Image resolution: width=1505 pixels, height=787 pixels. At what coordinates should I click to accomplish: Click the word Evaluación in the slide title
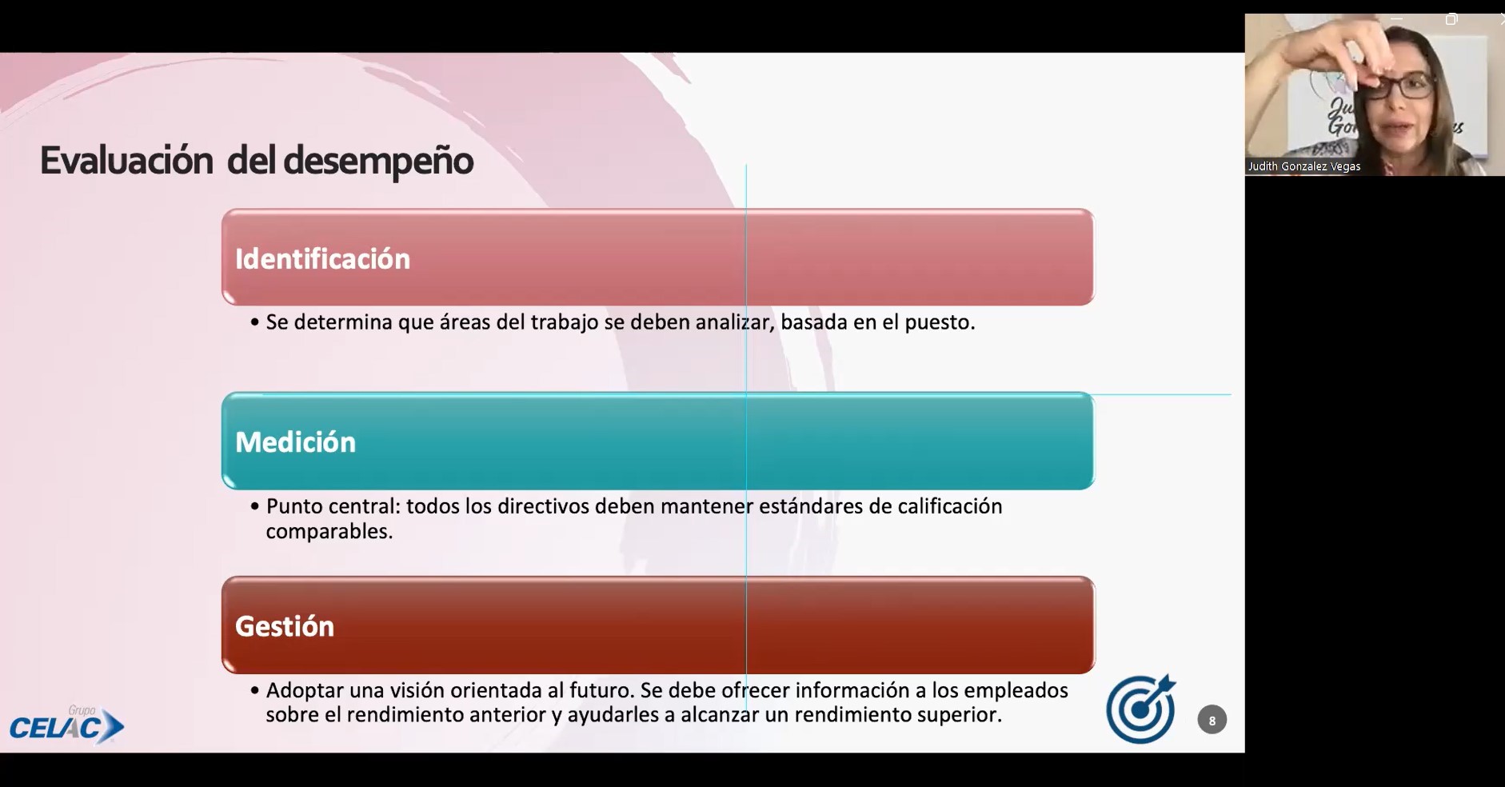click(x=126, y=160)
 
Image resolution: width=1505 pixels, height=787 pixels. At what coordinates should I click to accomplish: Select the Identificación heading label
click(x=322, y=259)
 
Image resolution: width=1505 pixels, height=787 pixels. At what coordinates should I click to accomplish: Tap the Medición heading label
click(x=295, y=442)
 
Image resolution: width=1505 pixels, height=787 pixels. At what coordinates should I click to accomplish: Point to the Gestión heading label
click(x=284, y=626)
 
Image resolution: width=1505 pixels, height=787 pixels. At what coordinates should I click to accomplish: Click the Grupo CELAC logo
click(x=67, y=725)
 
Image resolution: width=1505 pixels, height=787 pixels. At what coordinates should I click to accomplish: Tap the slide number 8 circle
click(x=1212, y=721)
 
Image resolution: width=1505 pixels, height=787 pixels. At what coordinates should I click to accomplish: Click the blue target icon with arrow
click(x=1141, y=709)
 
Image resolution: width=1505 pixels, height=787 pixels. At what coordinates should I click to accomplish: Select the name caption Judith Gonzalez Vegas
click(x=1303, y=166)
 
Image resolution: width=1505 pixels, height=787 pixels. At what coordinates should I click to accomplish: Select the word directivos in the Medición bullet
click(x=544, y=506)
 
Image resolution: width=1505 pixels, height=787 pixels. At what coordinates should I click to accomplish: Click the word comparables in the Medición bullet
click(x=329, y=531)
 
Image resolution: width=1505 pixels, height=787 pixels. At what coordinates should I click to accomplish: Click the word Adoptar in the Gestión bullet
click(x=305, y=690)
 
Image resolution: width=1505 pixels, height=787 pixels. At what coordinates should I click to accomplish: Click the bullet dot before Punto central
click(x=255, y=506)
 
